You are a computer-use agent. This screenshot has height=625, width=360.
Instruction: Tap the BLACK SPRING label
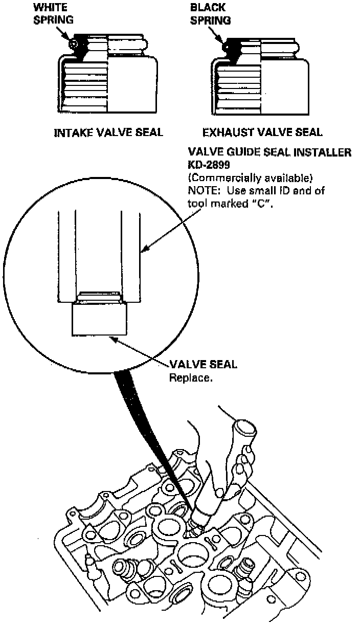(210, 14)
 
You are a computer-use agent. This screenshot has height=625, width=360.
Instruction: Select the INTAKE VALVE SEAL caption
(108, 132)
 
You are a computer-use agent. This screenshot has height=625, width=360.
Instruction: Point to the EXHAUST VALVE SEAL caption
(262, 132)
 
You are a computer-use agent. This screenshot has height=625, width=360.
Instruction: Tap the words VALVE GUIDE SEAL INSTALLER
(269, 152)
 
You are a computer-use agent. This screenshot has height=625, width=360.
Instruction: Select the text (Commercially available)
(250, 177)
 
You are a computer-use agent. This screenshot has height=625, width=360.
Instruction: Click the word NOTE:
(204, 191)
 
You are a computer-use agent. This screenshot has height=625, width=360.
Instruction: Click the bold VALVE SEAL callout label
(203, 365)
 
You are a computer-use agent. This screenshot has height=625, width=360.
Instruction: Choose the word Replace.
(190, 377)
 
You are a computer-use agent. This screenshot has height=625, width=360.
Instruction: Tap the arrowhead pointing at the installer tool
(143, 250)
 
